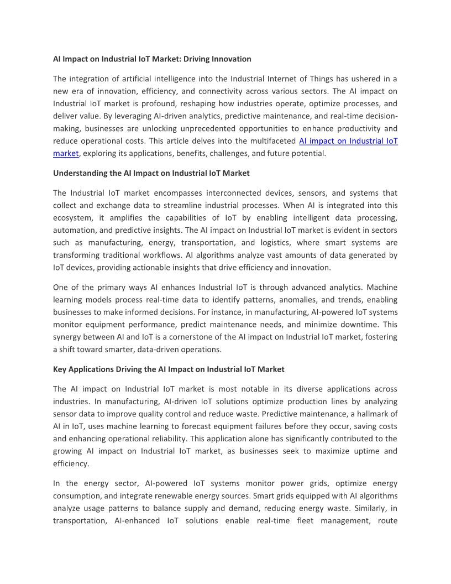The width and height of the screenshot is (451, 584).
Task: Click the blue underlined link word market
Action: coord(66,153)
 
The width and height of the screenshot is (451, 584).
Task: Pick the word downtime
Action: coord(348,325)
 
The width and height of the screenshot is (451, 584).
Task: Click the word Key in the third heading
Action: coord(60,369)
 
